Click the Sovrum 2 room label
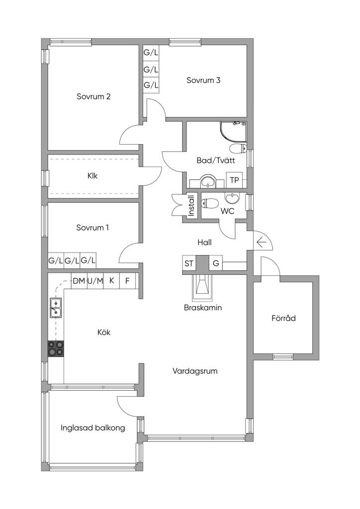click(93, 96)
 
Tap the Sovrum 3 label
click(203, 80)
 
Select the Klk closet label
click(92, 176)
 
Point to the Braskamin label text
click(202, 307)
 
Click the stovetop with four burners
click(56, 349)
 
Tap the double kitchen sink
click(56, 307)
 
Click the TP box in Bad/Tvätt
click(234, 180)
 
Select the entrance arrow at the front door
click(262, 242)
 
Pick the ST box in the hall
click(189, 263)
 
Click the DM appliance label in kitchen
click(79, 281)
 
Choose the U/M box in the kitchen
click(95, 281)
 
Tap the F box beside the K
click(127, 281)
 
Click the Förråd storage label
click(284, 318)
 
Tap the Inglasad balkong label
click(93, 428)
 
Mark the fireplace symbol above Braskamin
click(202, 287)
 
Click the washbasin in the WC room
click(232, 198)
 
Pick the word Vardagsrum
click(195, 371)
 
